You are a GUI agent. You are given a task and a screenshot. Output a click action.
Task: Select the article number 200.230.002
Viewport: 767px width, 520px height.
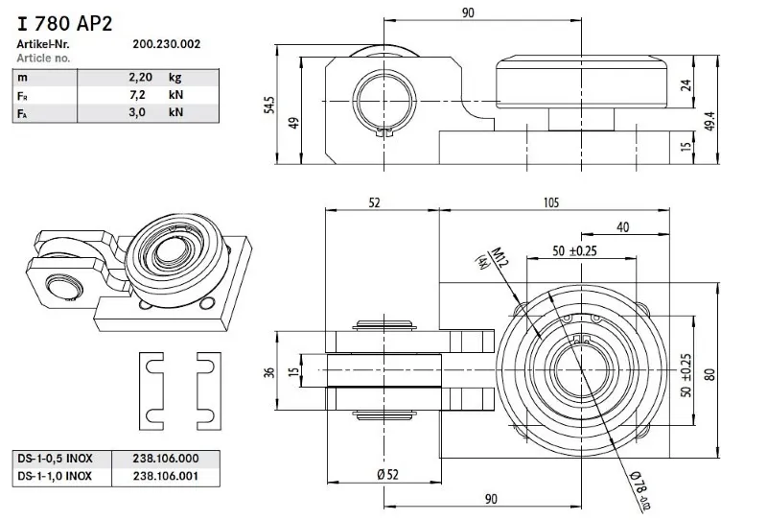coord(166,44)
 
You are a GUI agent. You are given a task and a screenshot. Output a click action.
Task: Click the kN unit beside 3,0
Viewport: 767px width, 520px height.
coord(175,112)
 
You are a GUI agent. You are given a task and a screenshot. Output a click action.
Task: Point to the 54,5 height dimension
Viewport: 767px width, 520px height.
coord(269,104)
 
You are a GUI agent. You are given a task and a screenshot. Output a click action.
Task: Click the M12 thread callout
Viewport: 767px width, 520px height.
coord(498,258)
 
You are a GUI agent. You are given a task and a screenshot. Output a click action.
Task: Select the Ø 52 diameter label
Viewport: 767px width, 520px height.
coord(387,475)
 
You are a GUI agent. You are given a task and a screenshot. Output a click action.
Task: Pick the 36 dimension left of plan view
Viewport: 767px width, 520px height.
coord(269,371)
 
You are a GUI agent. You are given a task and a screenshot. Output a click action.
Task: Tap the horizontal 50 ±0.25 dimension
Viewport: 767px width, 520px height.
coord(575,250)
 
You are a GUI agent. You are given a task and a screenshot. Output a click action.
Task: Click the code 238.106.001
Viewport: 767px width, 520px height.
coord(152,474)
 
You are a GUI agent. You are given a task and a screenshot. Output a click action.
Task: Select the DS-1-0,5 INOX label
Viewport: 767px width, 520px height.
coord(55,458)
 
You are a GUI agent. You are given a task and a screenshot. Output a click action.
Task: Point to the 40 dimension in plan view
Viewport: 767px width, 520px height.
coord(624,226)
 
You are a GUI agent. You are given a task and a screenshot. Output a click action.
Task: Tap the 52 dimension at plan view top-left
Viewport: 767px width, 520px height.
coord(376,202)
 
